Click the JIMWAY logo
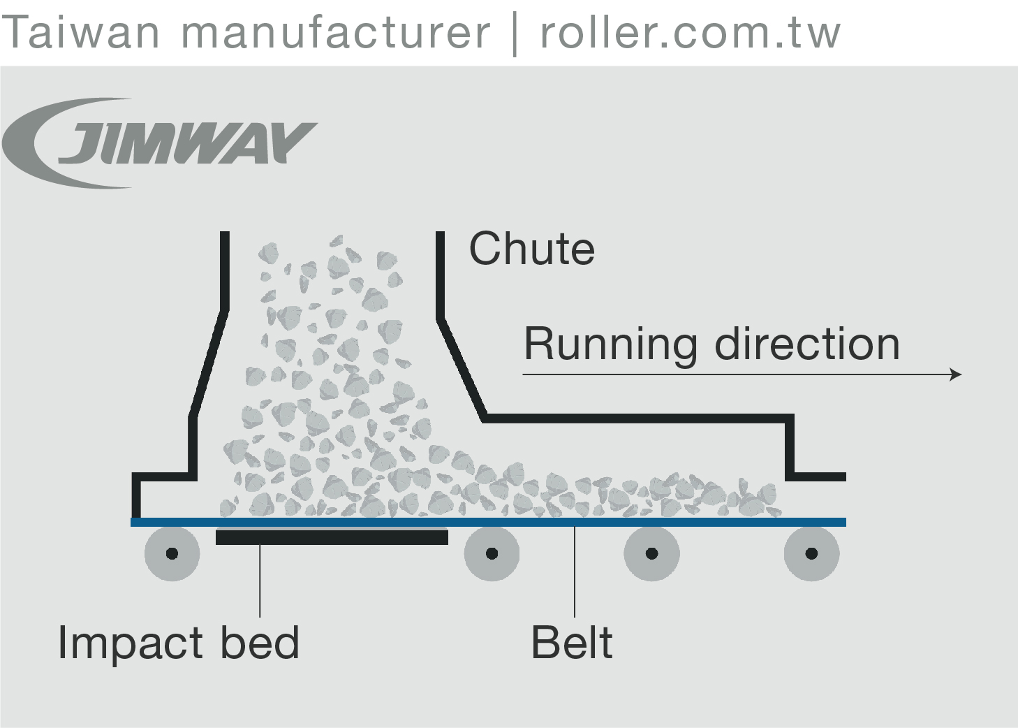tap(161, 143)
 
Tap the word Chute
tap(531, 249)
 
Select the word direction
tap(807, 344)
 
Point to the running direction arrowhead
tap(957, 374)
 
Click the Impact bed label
tap(178, 643)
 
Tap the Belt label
tap(572, 643)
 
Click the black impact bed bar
tap(332, 537)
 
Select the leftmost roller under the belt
tap(172, 553)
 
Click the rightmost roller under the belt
tap(811, 553)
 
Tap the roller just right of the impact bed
tap(492, 553)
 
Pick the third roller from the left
tap(651, 553)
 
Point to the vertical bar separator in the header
tap(515, 34)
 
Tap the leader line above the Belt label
tap(575, 573)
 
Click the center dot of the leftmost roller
tap(172, 554)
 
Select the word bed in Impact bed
tap(260, 643)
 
